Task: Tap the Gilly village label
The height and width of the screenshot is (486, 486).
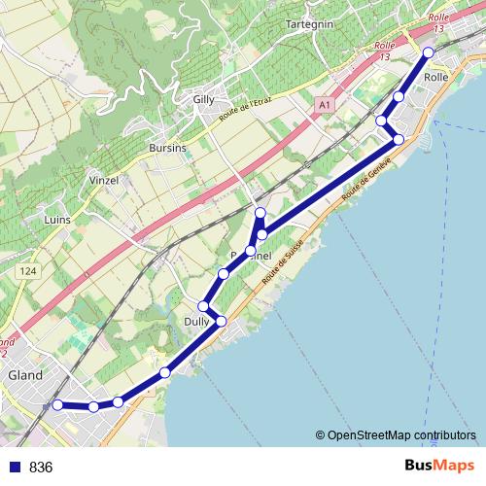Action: pyautogui.click(x=204, y=100)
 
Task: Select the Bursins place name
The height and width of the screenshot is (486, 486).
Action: pyautogui.click(x=166, y=148)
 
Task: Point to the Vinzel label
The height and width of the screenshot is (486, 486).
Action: pyautogui.click(x=104, y=181)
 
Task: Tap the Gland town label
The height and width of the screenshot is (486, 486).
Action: pyautogui.click(x=24, y=375)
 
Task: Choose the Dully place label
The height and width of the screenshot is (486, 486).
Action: pyautogui.click(x=196, y=321)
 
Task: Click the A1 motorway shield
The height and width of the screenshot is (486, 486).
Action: pyautogui.click(x=324, y=104)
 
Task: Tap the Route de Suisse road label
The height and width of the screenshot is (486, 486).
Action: pyautogui.click(x=289, y=260)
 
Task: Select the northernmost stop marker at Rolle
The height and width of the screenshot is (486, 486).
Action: pyautogui.click(x=427, y=52)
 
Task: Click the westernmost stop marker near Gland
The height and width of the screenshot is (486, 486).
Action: pyautogui.click(x=57, y=404)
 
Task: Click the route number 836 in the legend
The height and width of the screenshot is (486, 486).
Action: pyautogui.click(x=41, y=467)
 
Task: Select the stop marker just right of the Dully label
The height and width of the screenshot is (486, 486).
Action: pyautogui.click(x=221, y=321)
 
